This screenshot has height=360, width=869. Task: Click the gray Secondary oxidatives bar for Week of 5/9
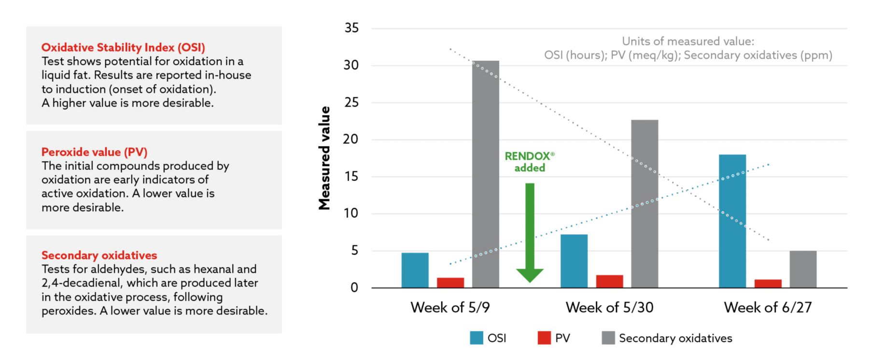click(x=485, y=174)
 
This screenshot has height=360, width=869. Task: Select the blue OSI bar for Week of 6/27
click(x=732, y=221)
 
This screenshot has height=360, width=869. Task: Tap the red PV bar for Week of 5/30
click(x=609, y=281)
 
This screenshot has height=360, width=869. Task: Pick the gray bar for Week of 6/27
click(x=803, y=269)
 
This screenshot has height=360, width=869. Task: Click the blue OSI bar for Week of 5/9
click(x=415, y=270)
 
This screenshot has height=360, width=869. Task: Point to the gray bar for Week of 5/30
click(x=645, y=204)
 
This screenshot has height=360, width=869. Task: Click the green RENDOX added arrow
click(x=530, y=232)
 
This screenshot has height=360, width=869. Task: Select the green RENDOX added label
click(x=530, y=162)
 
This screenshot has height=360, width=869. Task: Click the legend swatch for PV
click(x=544, y=338)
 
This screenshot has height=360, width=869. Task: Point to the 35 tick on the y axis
click(x=351, y=28)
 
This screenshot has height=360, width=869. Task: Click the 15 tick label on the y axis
click(x=351, y=176)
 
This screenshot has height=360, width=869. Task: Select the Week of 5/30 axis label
click(x=609, y=307)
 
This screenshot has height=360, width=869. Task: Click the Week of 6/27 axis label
click(x=768, y=307)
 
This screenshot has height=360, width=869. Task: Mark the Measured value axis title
click(x=324, y=158)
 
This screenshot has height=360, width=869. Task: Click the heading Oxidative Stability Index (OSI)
click(x=123, y=47)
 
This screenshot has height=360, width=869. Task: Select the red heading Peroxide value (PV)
click(x=94, y=152)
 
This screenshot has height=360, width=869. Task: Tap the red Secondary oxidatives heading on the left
click(x=99, y=255)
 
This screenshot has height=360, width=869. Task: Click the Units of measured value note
click(x=688, y=48)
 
